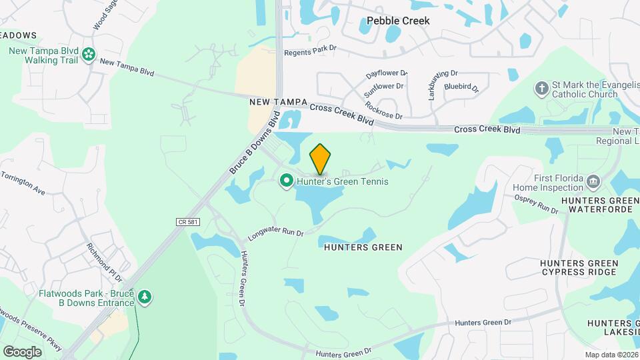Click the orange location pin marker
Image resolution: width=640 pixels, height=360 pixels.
321,159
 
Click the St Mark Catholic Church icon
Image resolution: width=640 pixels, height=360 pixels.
542,87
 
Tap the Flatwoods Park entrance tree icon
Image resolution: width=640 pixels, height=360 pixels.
145,297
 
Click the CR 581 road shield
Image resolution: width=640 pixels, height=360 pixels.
188,221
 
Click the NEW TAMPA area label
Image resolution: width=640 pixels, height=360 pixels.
277,102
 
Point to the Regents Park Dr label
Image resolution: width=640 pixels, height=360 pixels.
311,50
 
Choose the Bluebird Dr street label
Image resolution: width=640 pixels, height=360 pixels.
461,87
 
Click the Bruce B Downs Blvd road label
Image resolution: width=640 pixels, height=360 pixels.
254,147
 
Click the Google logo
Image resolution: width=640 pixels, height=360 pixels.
22,351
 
